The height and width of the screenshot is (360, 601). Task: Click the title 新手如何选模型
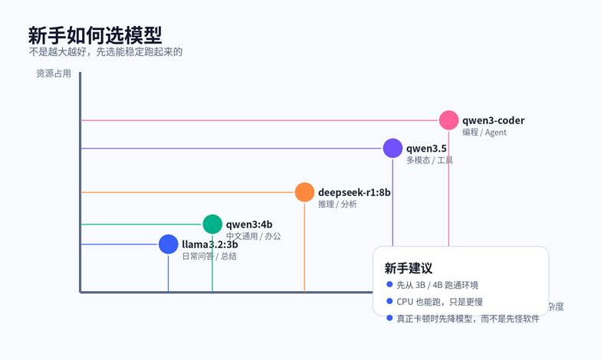[94, 34]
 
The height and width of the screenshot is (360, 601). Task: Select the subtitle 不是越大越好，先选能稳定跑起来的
[105, 52]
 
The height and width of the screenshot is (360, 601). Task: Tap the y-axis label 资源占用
[53, 74]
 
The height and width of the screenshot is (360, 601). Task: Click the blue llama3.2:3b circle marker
[168, 244]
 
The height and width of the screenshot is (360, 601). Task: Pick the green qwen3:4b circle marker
[212, 224]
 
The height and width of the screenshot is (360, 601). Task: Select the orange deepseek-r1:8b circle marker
[304, 192]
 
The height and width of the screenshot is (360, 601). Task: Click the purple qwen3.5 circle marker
[392, 148]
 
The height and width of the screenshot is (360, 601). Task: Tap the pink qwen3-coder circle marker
[448, 120]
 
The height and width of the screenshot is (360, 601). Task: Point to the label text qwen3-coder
[493, 120]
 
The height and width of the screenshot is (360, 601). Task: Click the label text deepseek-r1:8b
[354, 192]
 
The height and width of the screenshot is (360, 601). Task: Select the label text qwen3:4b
[249, 224]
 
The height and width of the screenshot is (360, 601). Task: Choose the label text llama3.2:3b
[209, 244]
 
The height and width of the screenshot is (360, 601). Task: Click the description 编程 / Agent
[484, 133]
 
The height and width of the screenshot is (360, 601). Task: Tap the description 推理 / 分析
[337, 205]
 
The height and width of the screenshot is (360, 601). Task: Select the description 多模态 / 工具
[429, 160]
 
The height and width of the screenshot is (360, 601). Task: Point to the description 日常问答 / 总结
[209, 257]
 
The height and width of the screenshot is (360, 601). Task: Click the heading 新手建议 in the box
[408, 268]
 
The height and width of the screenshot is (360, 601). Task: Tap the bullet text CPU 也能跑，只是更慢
[439, 302]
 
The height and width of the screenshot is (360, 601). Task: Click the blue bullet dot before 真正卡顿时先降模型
[389, 318]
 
